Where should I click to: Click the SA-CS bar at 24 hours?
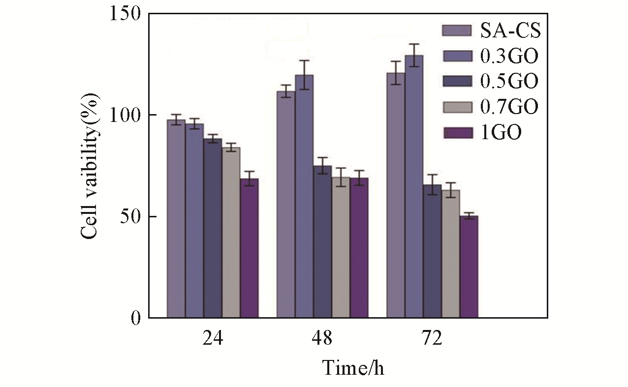point(176,219)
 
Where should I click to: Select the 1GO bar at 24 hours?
point(249,248)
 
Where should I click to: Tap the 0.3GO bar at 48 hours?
point(304,197)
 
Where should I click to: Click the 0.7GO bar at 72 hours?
point(450,254)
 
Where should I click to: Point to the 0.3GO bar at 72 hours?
point(414,187)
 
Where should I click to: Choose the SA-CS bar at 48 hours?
point(286,205)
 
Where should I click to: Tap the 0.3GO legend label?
point(509,56)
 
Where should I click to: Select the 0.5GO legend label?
point(509,81)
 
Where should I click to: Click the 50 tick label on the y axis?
point(129,217)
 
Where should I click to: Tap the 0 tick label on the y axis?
point(135,318)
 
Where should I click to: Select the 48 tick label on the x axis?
point(322,339)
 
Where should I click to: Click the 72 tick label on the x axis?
point(432,339)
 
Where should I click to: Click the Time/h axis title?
point(352,367)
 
